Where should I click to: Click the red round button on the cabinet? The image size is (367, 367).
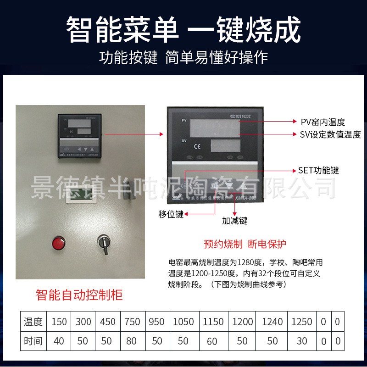tap(59, 242)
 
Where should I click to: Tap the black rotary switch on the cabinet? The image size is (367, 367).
tap(103, 242)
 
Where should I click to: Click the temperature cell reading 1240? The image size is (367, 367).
tap(272, 322)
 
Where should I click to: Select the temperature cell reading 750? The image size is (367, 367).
tap(132, 322)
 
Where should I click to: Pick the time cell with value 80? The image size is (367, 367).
tap(132, 341)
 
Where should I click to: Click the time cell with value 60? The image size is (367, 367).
tap(211, 341)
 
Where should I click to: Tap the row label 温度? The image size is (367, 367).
tap(33, 322)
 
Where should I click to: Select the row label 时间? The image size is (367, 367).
tap(33, 341)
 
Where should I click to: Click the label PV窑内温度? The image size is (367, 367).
tap(323, 122)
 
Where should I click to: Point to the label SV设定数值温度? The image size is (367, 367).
tap(331, 134)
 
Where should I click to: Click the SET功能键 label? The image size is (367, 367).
tap(318, 170)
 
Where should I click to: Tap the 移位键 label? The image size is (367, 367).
tap(171, 214)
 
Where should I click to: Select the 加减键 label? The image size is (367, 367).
tap(234, 221)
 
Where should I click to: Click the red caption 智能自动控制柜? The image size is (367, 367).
tap(79, 294)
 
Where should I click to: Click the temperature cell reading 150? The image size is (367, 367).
tap(59, 322)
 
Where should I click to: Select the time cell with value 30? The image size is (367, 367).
tap(302, 341)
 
